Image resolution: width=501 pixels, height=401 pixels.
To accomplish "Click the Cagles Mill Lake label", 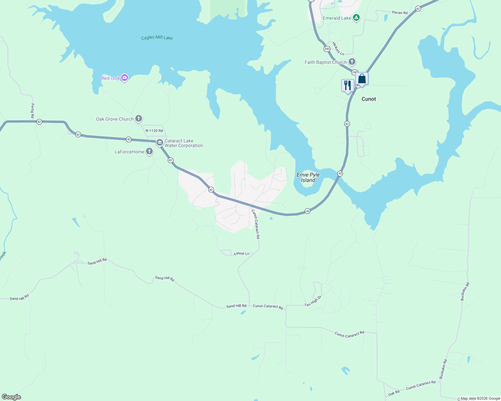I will click(x=157, y=38).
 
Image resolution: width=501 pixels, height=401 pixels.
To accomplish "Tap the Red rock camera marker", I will click(x=125, y=78).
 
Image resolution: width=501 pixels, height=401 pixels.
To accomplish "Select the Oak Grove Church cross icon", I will click(x=139, y=119).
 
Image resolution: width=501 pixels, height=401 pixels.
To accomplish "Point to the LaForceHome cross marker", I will click(x=149, y=152).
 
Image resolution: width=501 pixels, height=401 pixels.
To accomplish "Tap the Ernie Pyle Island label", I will click(x=308, y=177).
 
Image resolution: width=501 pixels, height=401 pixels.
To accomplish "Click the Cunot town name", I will click(x=369, y=99).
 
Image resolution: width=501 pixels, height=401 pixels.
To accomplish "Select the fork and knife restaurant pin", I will click(x=348, y=86).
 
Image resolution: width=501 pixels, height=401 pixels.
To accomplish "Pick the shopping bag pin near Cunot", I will click(x=362, y=79).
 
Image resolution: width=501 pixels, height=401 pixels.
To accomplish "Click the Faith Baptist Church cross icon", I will click(x=352, y=62).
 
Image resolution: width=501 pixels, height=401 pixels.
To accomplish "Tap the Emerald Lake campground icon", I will click(x=356, y=18).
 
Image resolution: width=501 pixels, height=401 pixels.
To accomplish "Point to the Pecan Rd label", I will click(x=400, y=13).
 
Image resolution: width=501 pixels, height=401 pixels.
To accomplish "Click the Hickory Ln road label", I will click(x=338, y=48).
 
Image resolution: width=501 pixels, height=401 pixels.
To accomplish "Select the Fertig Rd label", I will click(x=32, y=111).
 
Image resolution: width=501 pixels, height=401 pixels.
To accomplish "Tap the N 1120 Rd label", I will click(x=154, y=131).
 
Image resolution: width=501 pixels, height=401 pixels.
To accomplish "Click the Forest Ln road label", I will click(x=241, y=254).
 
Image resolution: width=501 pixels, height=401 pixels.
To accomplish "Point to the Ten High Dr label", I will click(x=313, y=301).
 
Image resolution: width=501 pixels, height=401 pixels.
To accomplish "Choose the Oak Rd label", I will click(x=394, y=393).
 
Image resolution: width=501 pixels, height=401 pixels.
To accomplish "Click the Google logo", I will click(x=11, y=397).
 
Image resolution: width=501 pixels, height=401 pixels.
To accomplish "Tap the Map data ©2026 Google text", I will click(x=480, y=398).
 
